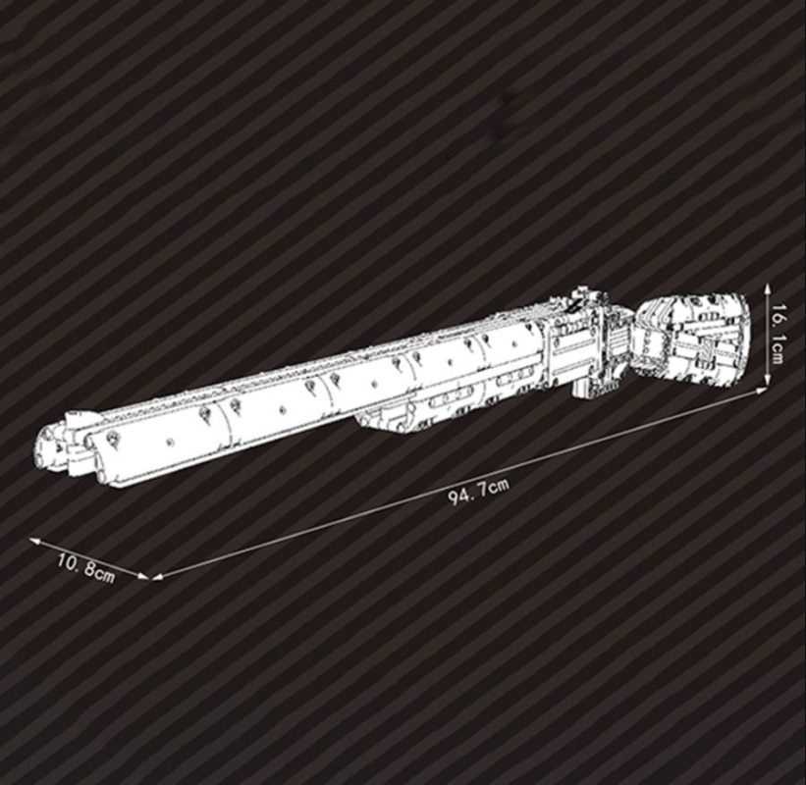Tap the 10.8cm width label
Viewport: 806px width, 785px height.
pyautogui.click(x=86, y=568)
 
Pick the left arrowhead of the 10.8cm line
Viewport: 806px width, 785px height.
pyautogui.click(x=31, y=539)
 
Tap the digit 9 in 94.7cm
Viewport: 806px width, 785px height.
pyautogui.click(x=454, y=497)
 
